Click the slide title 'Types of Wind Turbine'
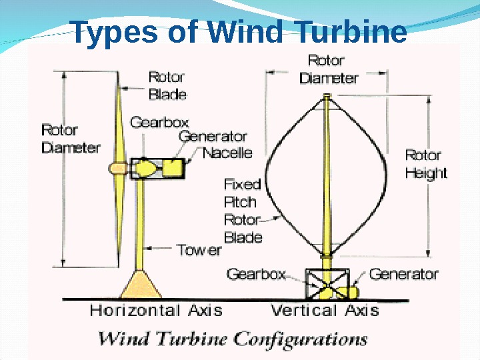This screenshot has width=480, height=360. point(238,32)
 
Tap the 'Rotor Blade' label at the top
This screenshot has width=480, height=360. point(167,85)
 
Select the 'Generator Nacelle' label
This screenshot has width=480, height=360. point(215,145)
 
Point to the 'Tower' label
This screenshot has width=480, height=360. point(199,250)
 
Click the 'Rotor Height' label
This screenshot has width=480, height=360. point(426,164)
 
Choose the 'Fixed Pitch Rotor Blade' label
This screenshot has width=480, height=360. point(242,210)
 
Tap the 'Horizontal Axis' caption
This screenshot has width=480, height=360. point(156,310)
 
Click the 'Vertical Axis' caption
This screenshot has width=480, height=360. point(325,310)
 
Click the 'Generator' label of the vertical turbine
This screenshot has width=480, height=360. point(403,274)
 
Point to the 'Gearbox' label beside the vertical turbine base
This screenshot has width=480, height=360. point(256,274)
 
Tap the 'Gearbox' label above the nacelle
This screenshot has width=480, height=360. point(159,123)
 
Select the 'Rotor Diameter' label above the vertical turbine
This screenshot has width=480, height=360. point(328,69)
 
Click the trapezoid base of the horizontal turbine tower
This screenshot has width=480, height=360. point(141,285)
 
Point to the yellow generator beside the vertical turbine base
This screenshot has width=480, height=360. point(348,292)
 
